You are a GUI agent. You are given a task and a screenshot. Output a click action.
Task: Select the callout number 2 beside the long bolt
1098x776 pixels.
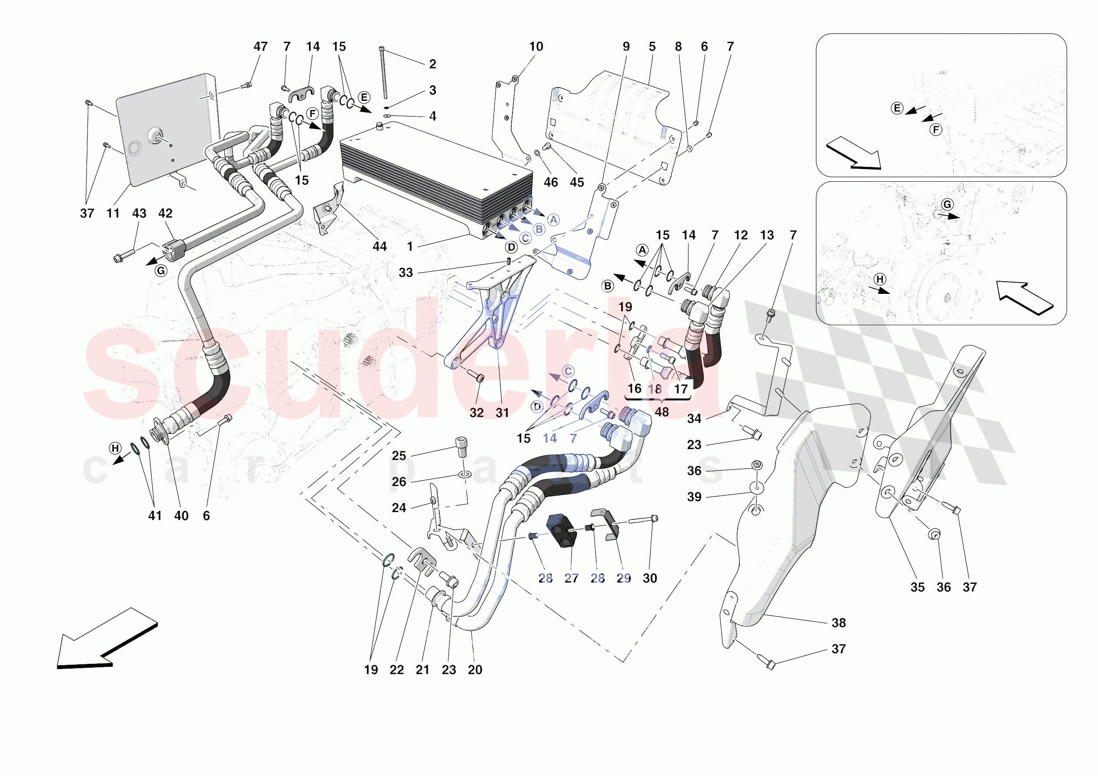click(433, 64)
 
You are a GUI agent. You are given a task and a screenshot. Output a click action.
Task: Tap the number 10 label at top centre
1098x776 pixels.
click(536, 47)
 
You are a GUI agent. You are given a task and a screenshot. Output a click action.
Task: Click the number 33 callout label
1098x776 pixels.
click(406, 273)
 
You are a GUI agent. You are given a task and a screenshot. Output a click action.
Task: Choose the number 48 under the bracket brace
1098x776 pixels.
click(662, 412)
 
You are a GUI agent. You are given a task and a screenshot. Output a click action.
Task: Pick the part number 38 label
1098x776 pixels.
click(838, 623)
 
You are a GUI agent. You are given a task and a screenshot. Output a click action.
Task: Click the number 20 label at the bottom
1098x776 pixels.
click(474, 670)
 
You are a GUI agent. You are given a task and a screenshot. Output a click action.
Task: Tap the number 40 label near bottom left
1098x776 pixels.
click(181, 516)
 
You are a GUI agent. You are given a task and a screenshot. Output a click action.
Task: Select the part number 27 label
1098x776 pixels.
click(571, 578)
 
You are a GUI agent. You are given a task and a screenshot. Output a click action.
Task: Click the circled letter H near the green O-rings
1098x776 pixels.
click(115, 448)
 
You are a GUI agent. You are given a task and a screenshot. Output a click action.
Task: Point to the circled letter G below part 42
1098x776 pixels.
click(161, 271)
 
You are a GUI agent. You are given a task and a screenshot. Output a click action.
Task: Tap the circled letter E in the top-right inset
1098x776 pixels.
click(897, 108)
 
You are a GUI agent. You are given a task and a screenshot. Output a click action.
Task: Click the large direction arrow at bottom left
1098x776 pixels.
click(103, 641)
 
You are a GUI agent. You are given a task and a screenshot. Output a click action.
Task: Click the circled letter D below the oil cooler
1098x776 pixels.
click(511, 247)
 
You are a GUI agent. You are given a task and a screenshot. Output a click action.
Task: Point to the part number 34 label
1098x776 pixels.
click(694, 419)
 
